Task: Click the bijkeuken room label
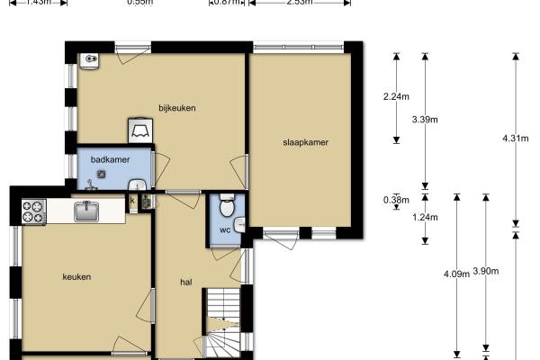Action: [177, 108]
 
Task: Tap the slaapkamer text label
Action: [304, 142]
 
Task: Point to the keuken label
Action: [76, 276]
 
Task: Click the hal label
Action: [186, 282]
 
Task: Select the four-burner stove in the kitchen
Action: [33, 211]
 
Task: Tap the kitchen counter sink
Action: [86, 211]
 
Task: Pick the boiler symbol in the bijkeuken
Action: [141, 130]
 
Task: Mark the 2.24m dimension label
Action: [396, 96]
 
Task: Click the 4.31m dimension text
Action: [516, 138]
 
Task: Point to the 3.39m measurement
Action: [424, 118]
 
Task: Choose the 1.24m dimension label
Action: [424, 217]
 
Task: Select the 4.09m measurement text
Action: [456, 274]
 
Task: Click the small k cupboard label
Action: [133, 201]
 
